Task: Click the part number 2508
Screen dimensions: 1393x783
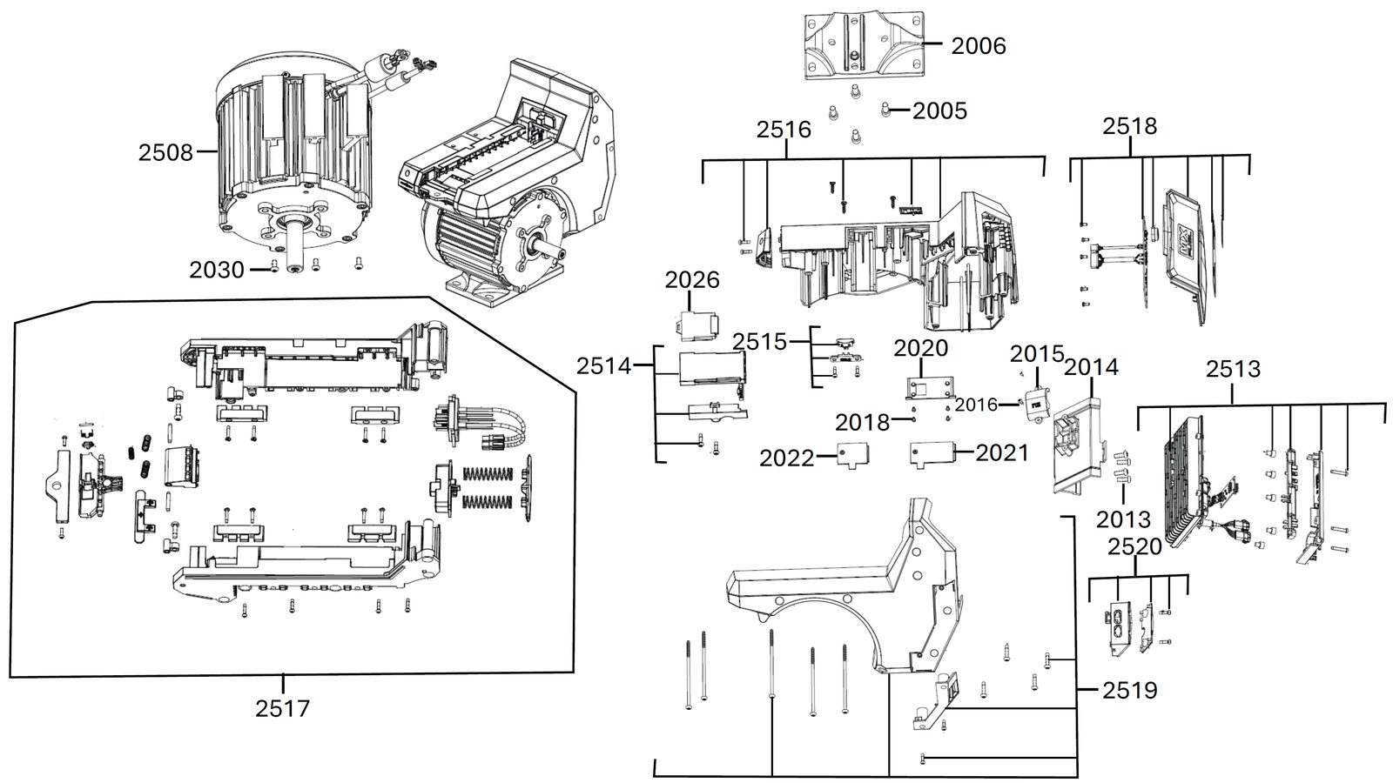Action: (x=165, y=152)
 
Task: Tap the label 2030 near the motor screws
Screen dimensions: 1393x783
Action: (x=217, y=270)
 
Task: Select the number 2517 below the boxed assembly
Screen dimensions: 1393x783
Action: (x=282, y=708)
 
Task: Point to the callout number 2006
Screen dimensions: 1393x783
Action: (x=979, y=46)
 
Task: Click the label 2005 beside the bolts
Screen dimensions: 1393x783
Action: (x=939, y=111)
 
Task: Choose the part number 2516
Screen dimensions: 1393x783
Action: (x=784, y=130)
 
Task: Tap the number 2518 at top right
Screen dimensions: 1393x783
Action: (x=1130, y=126)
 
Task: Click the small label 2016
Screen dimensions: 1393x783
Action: (x=976, y=405)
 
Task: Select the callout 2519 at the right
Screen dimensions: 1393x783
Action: (x=1130, y=691)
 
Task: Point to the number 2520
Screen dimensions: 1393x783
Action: (x=1135, y=547)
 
